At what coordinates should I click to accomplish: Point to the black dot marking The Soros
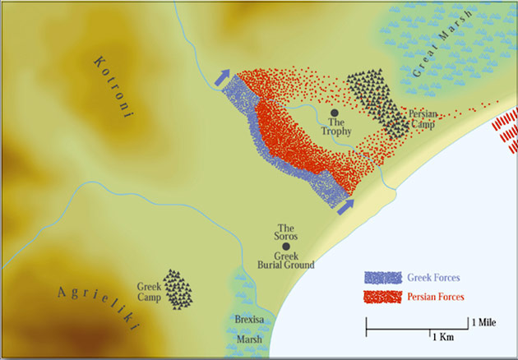tap(286, 246)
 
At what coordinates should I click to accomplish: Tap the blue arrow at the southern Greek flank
tap(345, 205)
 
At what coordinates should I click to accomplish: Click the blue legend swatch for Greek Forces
tap(383, 278)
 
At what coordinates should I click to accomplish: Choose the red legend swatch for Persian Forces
tap(383, 296)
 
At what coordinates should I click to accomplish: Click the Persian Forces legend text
tap(435, 296)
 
